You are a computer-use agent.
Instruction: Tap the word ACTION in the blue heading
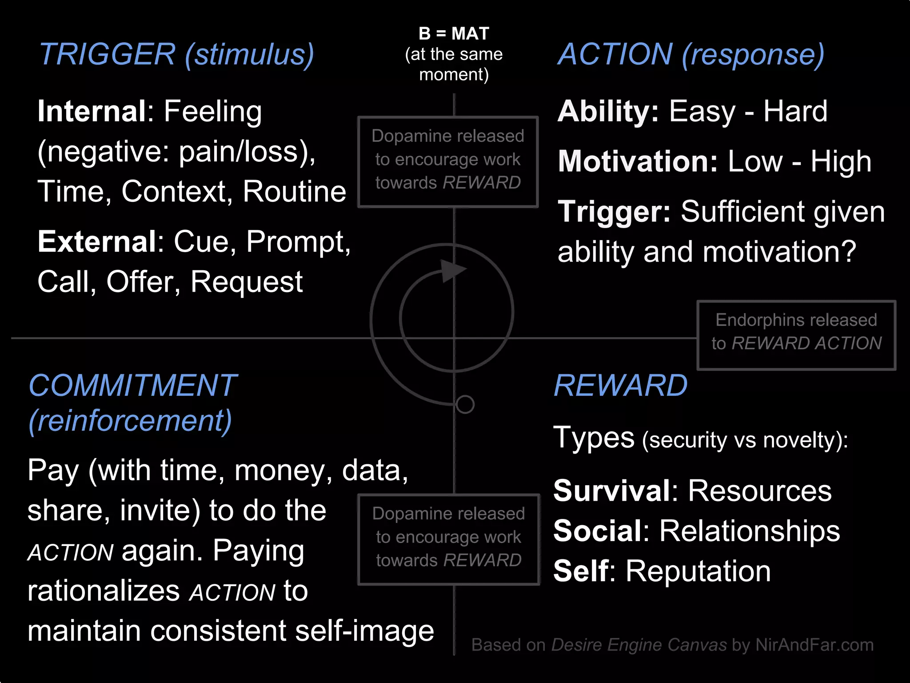(x=615, y=54)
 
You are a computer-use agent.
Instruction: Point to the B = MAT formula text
(x=454, y=34)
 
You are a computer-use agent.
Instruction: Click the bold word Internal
(x=92, y=111)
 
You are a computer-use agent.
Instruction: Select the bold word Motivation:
(x=638, y=161)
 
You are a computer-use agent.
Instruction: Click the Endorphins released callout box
(x=796, y=335)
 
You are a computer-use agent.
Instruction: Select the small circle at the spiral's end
(x=465, y=404)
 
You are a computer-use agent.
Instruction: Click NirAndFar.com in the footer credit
(x=814, y=645)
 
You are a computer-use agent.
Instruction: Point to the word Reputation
(x=698, y=571)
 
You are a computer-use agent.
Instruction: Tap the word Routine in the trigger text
(x=294, y=192)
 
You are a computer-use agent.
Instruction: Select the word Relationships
(x=750, y=531)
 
